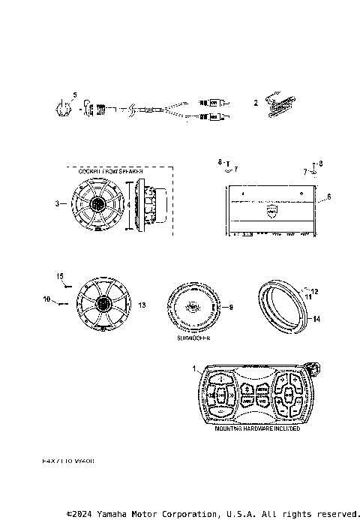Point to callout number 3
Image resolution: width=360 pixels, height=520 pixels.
57,203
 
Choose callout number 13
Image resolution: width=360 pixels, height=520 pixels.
142,306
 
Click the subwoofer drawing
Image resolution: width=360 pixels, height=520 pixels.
191,308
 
